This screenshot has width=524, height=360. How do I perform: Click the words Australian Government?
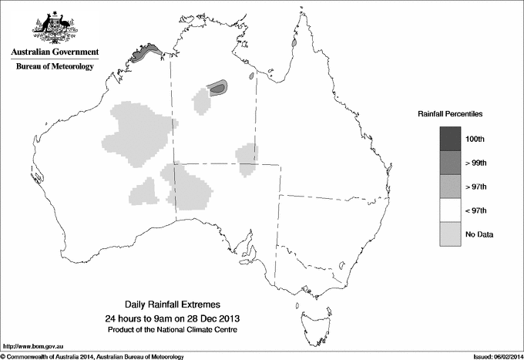(x=55, y=52)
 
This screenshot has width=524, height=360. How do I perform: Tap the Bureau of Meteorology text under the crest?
(x=55, y=67)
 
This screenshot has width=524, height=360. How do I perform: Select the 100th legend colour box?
(x=451, y=138)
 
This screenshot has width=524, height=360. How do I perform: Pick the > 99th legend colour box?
(x=451, y=162)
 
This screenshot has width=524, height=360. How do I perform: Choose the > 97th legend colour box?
(x=451, y=186)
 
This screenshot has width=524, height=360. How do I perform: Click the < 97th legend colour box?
(x=451, y=210)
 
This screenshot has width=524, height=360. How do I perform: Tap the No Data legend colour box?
(x=451, y=234)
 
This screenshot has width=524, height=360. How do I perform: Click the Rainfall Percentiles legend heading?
(x=450, y=114)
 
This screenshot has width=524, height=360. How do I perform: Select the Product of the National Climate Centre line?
(x=176, y=330)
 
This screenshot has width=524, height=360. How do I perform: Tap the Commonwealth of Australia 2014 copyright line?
(x=92, y=356)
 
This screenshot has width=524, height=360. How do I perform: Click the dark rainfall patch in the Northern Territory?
(x=219, y=88)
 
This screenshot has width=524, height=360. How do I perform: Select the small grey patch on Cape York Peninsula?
(x=295, y=43)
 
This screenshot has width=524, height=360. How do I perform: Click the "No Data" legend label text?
(x=479, y=234)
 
